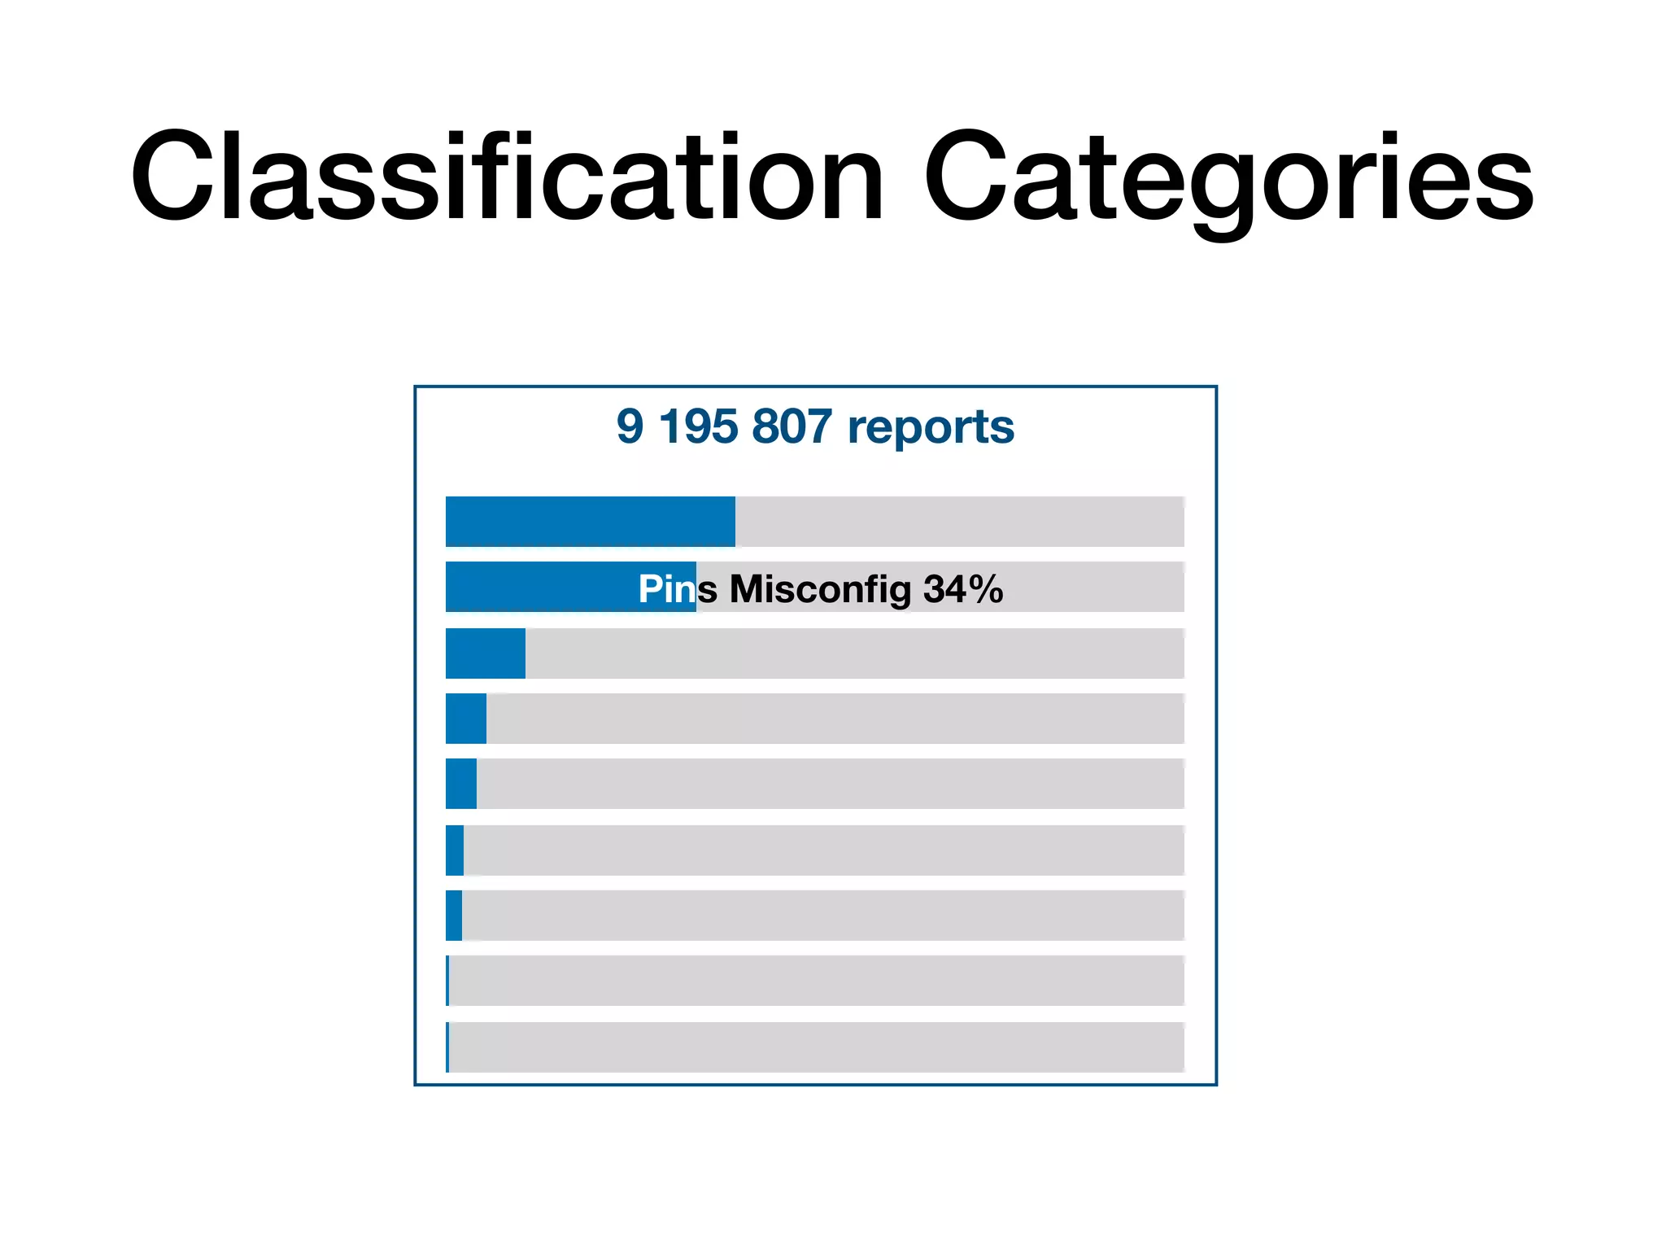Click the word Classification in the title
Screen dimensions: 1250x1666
(506, 177)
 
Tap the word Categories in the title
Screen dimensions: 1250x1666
(1228, 177)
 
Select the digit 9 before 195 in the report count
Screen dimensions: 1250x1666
(630, 426)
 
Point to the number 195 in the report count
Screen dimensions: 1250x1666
(698, 426)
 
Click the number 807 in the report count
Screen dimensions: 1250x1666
(792, 426)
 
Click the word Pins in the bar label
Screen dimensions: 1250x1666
(666, 588)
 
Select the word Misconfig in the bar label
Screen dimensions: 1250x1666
(820, 589)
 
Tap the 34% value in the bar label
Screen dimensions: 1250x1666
(963, 588)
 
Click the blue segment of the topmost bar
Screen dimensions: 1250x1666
(590, 522)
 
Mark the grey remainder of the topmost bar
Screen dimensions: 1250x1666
(960, 522)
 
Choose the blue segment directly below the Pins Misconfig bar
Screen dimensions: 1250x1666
(485, 653)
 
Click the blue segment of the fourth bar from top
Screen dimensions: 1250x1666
(466, 719)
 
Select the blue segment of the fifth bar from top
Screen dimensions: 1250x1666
(461, 784)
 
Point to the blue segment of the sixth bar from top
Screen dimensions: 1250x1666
(455, 850)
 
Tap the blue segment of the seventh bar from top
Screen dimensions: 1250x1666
(454, 916)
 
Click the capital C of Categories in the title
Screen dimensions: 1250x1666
(965, 177)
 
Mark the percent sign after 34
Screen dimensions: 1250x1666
(987, 588)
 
